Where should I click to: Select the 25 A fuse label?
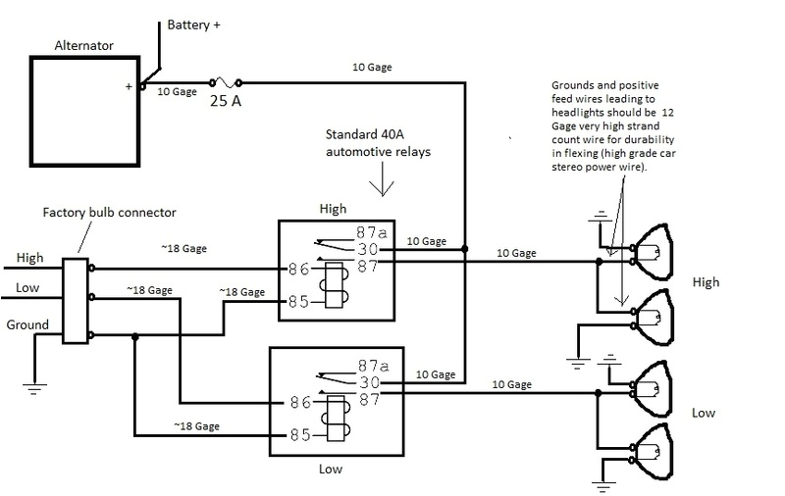[225, 101]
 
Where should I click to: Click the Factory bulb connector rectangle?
[75, 301]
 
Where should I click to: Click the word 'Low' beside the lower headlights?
[704, 413]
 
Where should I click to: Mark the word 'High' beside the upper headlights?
[706, 282]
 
